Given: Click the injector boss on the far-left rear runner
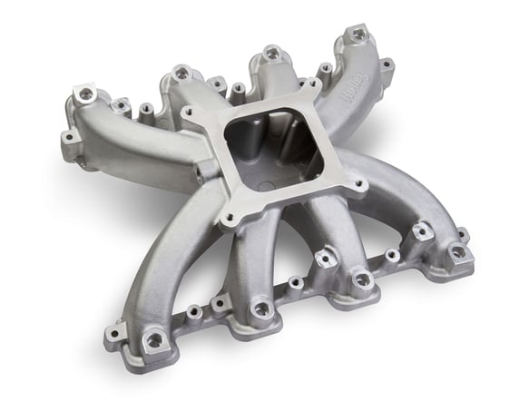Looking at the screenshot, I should [87, 93].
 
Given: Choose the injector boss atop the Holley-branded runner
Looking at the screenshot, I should [358, 35].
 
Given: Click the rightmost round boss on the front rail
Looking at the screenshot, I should [458, 251].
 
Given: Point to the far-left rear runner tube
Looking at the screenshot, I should [136, 141].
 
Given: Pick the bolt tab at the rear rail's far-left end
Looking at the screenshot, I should [69, 141].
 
